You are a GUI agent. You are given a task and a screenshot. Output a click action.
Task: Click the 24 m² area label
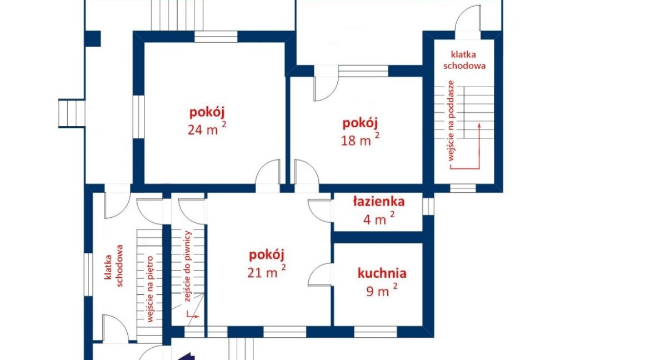pos(207,128)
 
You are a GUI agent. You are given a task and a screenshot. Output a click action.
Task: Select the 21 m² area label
pos(266,272)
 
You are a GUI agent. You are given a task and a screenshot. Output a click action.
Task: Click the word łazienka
pos(378,202)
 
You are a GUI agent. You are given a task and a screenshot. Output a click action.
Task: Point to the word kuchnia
pos(382,273)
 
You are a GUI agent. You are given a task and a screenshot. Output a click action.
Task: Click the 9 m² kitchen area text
pos(381,291)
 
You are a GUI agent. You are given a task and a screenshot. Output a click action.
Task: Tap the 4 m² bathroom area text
pos(379,218)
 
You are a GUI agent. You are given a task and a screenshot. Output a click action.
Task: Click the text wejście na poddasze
pos(451,120)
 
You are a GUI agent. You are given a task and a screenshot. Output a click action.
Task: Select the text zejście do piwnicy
pos(188,266)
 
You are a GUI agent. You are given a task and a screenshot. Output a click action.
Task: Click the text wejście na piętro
pos(150,289)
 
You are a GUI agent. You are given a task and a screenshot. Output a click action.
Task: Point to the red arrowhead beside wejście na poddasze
pos(479,126)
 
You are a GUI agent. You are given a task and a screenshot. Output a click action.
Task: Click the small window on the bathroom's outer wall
pos(428,206)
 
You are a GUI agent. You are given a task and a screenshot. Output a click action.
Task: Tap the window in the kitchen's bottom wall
pos(376,332)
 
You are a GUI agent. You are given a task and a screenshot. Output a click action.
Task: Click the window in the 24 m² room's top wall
pos(216,37)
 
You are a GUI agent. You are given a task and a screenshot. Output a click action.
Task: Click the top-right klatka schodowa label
pos(464,60)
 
